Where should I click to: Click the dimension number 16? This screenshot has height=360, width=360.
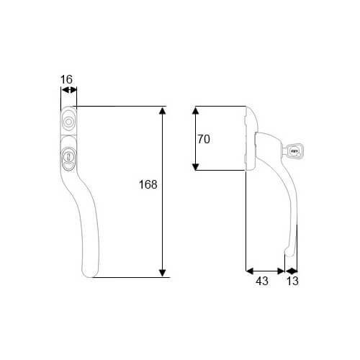coord(66,79)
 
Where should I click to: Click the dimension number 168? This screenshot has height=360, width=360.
coord(148,184)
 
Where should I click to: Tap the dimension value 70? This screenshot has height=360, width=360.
coord(204,139)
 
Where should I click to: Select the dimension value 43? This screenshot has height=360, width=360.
coord(262,281)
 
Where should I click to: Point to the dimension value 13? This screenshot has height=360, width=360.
coord(292,281)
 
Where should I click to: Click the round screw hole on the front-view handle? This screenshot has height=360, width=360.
coord(68,122)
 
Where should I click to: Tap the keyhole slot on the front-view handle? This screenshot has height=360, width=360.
coord(68,157)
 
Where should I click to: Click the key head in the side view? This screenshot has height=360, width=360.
coord(294,151)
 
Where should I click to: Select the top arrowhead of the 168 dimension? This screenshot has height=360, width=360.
coord(163,111)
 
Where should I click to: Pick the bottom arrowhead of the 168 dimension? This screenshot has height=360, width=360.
coord(163,273)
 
